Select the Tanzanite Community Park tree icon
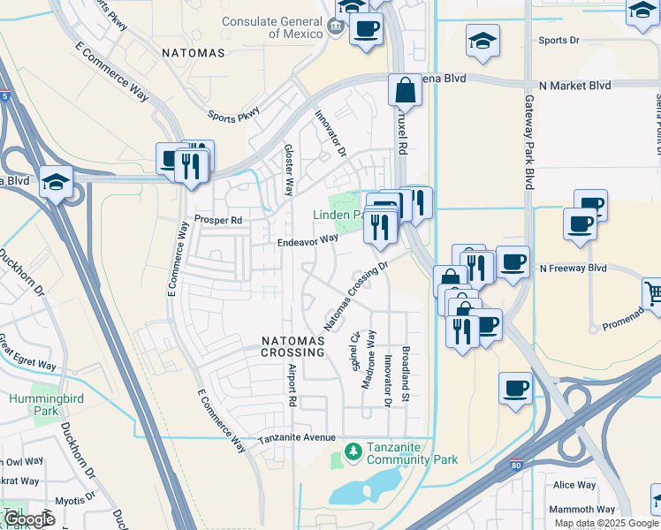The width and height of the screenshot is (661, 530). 353,452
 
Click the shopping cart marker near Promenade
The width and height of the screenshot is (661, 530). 653,292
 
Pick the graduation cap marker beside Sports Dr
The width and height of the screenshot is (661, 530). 482,42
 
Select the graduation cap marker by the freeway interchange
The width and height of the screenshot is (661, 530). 56,183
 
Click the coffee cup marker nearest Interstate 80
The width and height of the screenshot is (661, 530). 515,388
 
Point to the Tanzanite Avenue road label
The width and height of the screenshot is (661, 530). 296,438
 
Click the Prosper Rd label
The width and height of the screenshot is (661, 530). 218,220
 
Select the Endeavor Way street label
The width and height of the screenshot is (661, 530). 308,239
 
